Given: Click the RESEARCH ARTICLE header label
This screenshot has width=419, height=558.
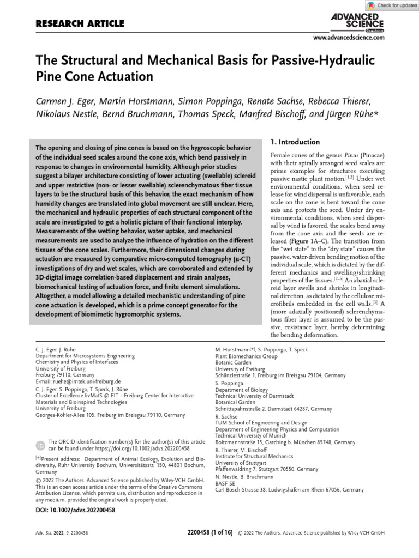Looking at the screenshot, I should [x=80, y=23].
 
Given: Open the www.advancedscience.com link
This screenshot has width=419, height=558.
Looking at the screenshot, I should [x=348, y=38].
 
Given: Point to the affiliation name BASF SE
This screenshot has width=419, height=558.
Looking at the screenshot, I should [x=225, y=483].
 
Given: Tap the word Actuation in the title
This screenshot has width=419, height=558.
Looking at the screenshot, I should [x=122, y=76].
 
